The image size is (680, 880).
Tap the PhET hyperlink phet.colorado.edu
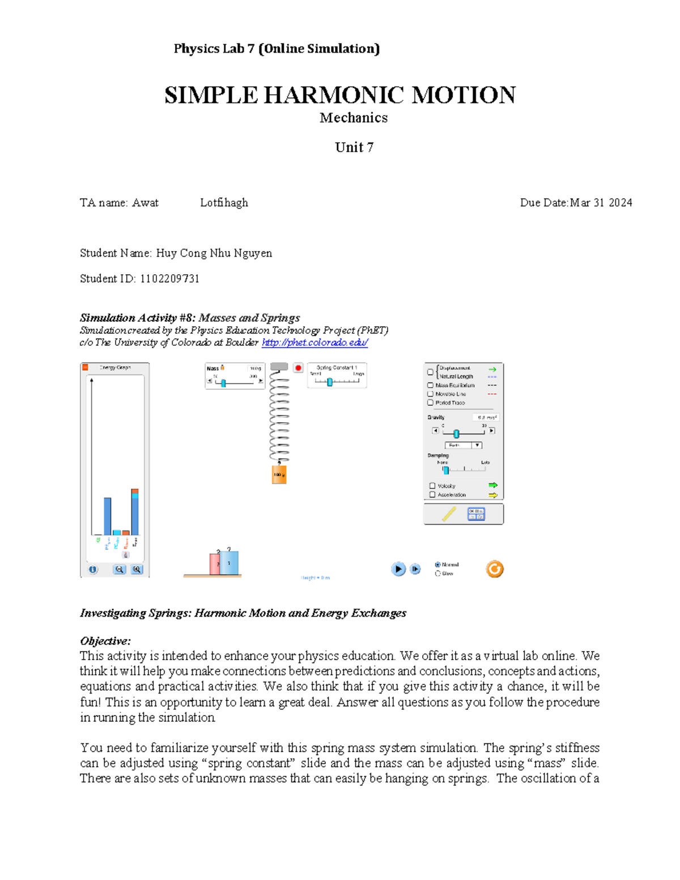(314, 342)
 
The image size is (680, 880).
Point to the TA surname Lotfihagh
(224, 203)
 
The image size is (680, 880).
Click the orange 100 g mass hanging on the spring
(279, 474)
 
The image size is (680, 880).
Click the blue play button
(398, 569)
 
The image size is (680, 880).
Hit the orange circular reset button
(494, 569)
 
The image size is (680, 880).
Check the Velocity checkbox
(432, 486)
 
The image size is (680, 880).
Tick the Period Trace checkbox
(430, 403)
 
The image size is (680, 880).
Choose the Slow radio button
(437, 573)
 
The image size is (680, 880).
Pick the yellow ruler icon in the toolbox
(449, 514)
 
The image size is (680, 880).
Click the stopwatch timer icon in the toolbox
(476, 514)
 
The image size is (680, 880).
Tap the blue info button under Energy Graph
(93, 569)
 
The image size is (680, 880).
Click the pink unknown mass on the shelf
(215, 564)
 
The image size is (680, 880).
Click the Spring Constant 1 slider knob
(329, 381)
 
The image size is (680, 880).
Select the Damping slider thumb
(446, 470)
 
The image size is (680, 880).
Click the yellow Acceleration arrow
(492, 495)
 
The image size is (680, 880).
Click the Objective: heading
(105, 641)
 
